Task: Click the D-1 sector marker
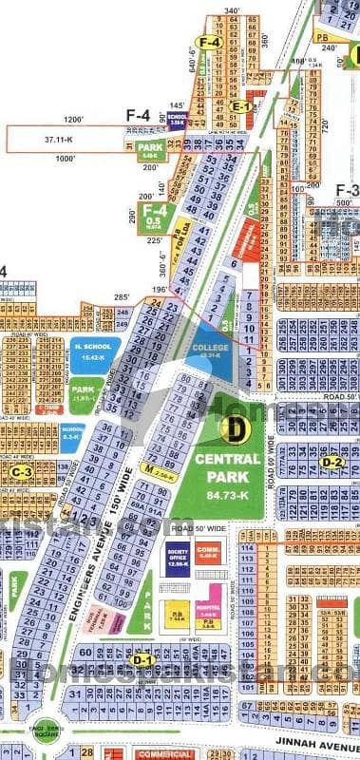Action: tap(142, 659)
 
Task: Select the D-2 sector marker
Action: tap(332, 463)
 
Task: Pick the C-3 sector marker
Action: tap(22, 470)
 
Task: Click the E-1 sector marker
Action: tap(241, 107)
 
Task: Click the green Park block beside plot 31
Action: tap(150, 148)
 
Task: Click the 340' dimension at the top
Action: tap(232, 9)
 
